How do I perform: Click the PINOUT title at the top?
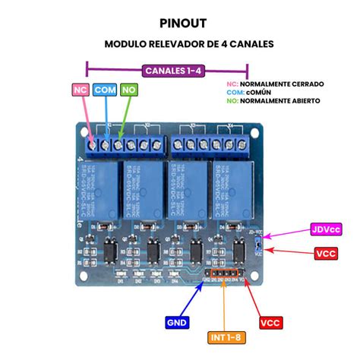[179, 23]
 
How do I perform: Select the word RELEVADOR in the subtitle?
[179, 44]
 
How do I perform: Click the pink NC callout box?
[81, 90]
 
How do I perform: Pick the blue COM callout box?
[105, 90]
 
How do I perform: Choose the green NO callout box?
[130, 90]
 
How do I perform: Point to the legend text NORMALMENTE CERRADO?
[282, 82]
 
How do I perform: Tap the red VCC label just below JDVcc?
[327, 254]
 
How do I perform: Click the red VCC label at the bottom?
[272, 323]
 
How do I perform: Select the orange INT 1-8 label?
[226, 337]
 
